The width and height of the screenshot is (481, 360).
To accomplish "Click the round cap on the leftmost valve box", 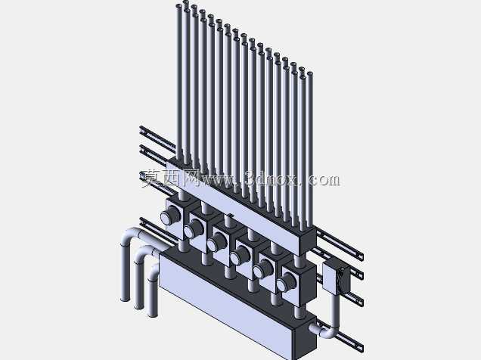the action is pyautogui.click(x=169, y=216).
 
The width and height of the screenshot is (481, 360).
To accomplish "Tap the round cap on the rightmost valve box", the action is pyautogui.click(x=285, y=284).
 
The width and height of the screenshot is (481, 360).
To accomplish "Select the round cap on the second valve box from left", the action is pyautogui.click(x=192, y=229).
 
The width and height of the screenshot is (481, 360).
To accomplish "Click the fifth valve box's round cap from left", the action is pyautogui.click(x=262, y=270).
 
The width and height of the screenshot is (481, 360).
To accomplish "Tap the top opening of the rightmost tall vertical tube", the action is pyautogui.click(x=309, y=73).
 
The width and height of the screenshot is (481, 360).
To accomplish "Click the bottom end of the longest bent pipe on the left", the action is pyautogui.click(x=125, y=299).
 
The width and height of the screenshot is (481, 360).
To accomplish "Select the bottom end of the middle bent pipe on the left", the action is pyautogui.click(x=138, y=306).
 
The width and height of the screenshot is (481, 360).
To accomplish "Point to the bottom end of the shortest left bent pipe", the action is pyautogui.click(x=153, y=315).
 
